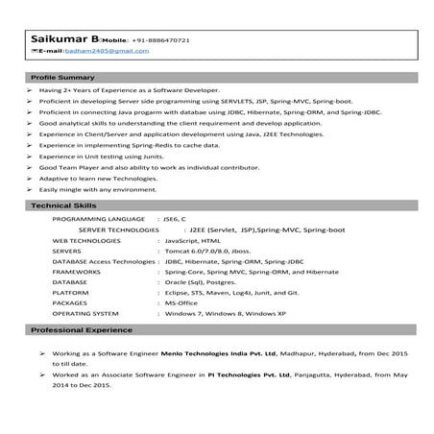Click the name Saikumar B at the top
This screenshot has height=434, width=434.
click(x=59, y=39)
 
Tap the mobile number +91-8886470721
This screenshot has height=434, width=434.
click(x=164, y=41)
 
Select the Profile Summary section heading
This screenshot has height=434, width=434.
click(x=62, y=76)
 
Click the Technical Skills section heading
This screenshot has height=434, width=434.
click(x=60, y=206)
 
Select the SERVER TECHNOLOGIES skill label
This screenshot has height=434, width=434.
click(x=118, y=231)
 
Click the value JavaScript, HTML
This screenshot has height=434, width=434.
click(x=193, y=242)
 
